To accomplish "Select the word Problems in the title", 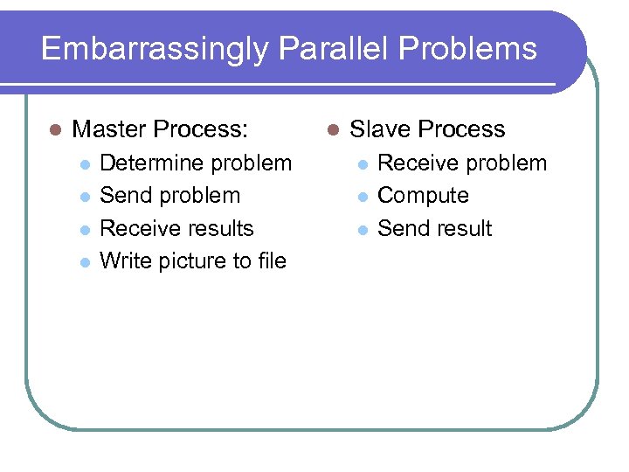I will tap(473, 49).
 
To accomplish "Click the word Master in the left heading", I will tap(109, 129).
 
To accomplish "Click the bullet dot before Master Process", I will tap(55, 130).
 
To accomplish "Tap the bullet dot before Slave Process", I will tap(332, 130).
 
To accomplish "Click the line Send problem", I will tap(169, 196).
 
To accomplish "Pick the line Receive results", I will tap(176, 228).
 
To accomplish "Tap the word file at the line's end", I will tap(272, 260).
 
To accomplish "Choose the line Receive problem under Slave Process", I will tap(461, 163).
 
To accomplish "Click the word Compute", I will tap(423, 196).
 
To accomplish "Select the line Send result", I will tap(434, 228).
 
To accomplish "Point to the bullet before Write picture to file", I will tap(84, 261).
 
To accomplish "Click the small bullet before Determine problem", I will tap(84, 164).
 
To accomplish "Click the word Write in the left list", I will tap(121, 260).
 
